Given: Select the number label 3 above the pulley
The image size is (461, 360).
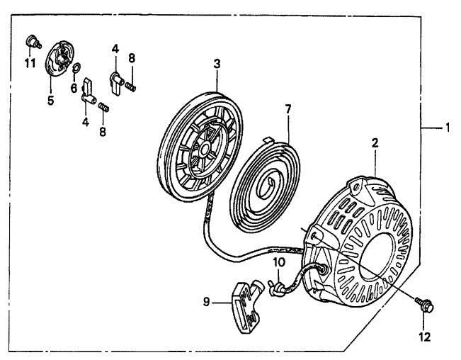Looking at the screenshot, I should click(217, 64).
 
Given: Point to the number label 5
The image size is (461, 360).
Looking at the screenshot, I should click(50, 101).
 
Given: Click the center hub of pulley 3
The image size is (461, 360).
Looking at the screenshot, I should click(203, 150).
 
